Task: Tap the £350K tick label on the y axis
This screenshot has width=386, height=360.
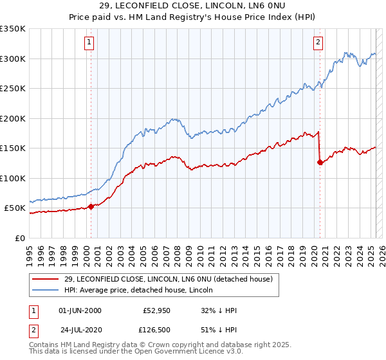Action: pos(13,29)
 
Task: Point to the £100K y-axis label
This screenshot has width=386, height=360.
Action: pos(13,178)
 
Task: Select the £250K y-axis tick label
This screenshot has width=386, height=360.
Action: pos(13,89)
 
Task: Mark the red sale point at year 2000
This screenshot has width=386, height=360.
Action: pos(91,206)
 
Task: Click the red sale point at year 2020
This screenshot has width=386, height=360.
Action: pos(320,163)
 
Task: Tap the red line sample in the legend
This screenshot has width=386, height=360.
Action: pos(45,279)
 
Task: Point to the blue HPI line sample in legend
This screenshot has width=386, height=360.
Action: pos(45,290)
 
